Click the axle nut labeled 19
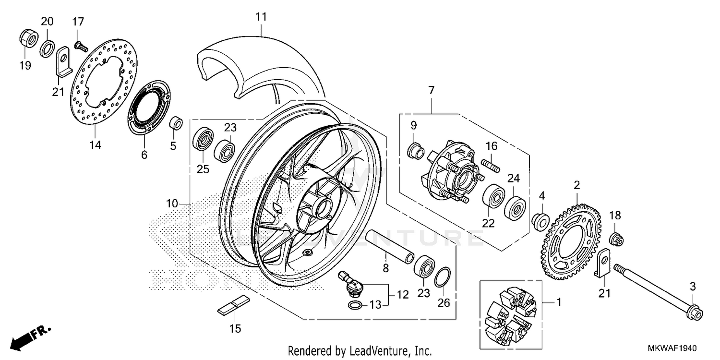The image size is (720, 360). click(x=28, y=38)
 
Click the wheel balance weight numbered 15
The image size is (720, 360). click(x=234, y=306)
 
